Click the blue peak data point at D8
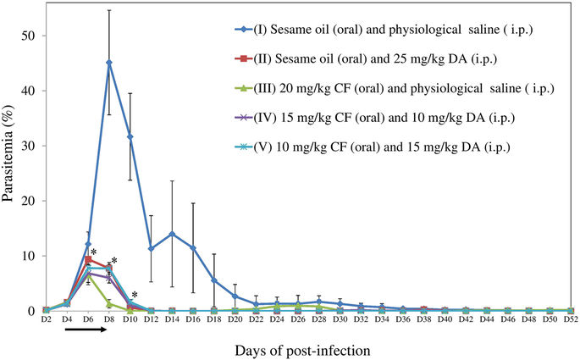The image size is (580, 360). [109, 63]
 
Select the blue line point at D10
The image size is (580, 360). [130, 136]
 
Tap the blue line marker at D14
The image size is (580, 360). [172, 234]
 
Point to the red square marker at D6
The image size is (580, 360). [88, 259]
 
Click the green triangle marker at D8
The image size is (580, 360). [109, 304]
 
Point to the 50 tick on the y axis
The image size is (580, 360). [28, 36]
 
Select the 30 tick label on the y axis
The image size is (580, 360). [28, 146]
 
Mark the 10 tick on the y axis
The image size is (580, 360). [28, 256]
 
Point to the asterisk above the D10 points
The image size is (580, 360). [135, 295]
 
